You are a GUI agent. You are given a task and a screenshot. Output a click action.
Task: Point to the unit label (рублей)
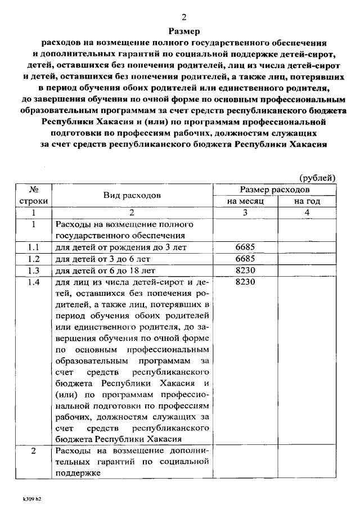317,178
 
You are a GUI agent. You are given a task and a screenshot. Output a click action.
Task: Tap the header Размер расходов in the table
275,190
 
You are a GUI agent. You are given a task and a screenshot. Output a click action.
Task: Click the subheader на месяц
245,201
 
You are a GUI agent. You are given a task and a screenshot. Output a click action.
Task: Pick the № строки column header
34,195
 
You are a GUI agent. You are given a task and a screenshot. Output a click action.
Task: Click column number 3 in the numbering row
245,213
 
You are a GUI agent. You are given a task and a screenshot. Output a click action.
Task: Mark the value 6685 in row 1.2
245,259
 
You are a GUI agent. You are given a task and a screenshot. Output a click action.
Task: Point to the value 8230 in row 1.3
245,271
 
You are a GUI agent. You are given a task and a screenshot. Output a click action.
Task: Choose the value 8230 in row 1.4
245,282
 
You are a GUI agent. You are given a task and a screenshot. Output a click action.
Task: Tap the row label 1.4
34,282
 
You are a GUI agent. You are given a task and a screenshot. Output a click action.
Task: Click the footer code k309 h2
31,498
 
